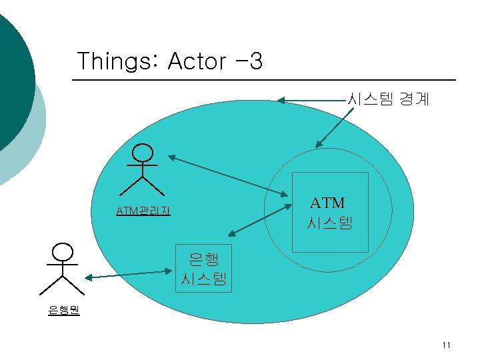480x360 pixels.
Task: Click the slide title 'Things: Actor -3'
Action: [169, 61]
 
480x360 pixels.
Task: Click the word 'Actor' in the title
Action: [197, 61]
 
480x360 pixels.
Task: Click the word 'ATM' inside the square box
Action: [328, 202]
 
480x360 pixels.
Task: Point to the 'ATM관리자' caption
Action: [143, 211]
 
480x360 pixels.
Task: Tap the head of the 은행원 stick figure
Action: [63, 251]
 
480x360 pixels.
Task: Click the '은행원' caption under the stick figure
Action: [63, 310]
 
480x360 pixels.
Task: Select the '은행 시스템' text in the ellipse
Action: [204, 268]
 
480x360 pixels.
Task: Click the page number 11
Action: [446, 345]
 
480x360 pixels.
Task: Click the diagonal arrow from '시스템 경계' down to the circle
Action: [339, 126]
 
